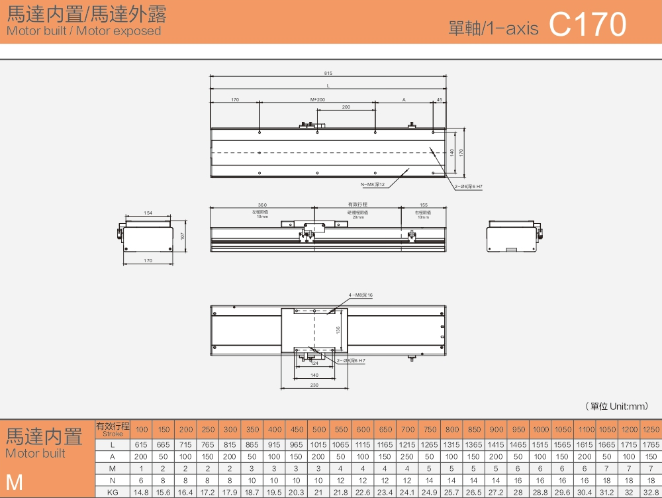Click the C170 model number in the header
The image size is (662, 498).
click(587, 25)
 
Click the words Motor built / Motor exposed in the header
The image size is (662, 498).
click(83, 31)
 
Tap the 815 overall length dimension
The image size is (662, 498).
click(328, 73)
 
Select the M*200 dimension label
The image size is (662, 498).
click(318, 99)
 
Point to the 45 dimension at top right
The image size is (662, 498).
click(440, 99)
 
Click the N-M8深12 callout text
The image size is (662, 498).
click(373, 184)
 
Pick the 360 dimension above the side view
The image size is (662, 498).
click(262, 205)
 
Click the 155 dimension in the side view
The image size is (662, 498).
click(424, 205)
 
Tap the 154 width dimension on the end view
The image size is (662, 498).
click(148, 213)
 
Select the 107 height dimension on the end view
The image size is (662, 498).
click(182, 236)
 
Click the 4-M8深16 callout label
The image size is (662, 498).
click(361, 295)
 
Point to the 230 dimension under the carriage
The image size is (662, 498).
click(314, 385)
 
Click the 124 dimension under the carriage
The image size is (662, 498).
click(314, 364)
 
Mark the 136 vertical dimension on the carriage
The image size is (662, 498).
click(338, 329)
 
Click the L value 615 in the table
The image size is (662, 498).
click(142, 445)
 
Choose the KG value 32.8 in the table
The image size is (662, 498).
click(651, 492)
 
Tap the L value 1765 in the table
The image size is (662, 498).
click(651, 445)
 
